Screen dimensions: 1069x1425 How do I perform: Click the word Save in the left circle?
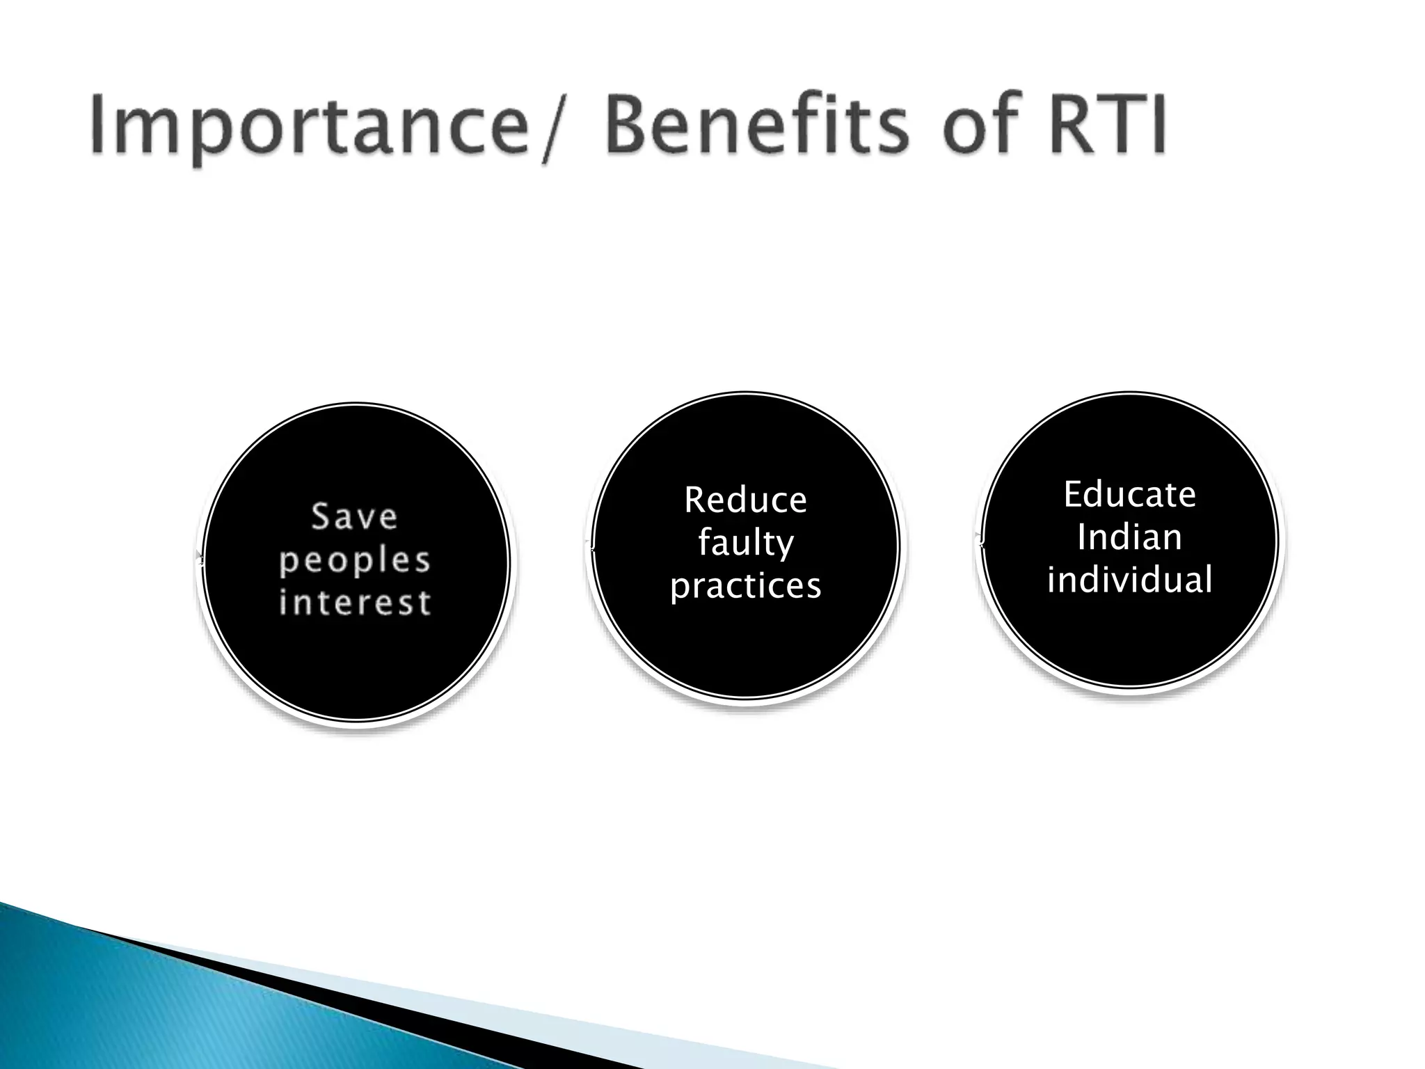pyautogui.click(x=355, y=516)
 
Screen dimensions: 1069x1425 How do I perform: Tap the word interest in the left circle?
pyautogui.click(x=355, y=602)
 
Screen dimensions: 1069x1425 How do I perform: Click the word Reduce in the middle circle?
pyautogui.click(x=745, y=500)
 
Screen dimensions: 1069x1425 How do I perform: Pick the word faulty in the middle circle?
pyautogui.click(x=745, y=543)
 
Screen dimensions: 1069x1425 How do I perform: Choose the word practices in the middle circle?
pyautogui.click(x=745, y=585)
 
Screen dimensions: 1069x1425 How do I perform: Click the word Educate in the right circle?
pyautogui.click(x=1129, y=495)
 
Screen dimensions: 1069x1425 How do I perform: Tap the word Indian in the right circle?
pyautogui.click(x=1129, y=537)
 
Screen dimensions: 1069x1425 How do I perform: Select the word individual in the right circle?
pyautogui.click(x=1129, y=580)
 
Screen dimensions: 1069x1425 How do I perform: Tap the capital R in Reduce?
pyautogui.click(x=695, y=500)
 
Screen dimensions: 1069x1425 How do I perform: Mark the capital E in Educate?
pyautogui.click(x=1074, y=495)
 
